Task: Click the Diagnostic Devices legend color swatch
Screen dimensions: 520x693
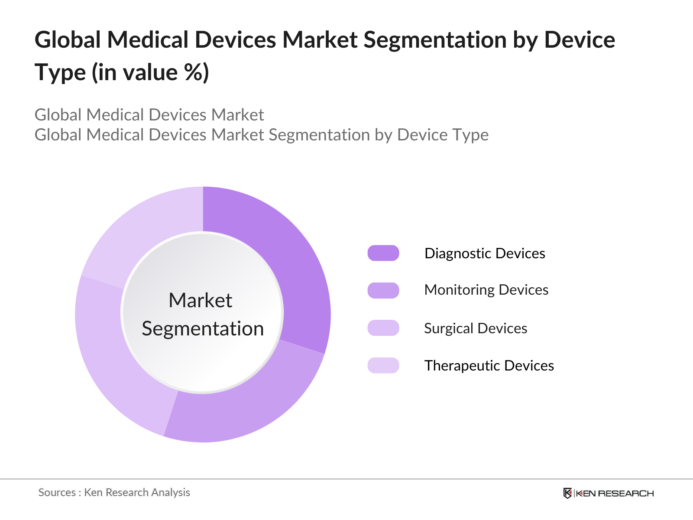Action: click(383, 253)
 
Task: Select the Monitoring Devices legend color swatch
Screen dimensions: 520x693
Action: click(383, 290)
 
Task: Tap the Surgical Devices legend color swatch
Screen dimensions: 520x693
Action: click(383, 328)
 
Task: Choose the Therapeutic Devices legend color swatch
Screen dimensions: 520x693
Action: click(383, 365)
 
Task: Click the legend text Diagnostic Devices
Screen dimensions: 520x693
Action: click(485, 253)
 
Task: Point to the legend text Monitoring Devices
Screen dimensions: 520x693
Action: click(486, 290)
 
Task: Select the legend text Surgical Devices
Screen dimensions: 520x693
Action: click(476, 328)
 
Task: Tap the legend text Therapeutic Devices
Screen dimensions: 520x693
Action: click(489, 365)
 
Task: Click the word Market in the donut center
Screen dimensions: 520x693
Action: click(201, 300)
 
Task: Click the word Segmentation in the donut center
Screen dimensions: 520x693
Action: click(203, 328)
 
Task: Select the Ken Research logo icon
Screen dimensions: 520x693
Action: click(567, 493)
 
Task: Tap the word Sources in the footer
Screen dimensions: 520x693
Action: click(57, 492)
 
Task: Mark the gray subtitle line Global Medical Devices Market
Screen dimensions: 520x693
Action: click(149, 115)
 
